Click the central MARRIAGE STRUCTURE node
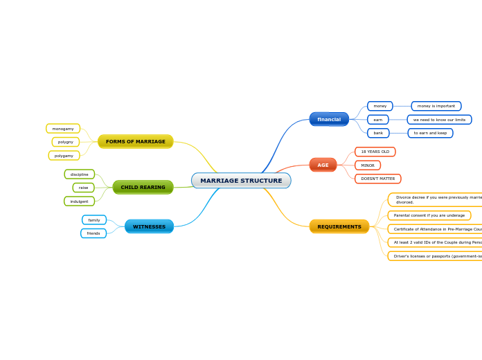point(241,181)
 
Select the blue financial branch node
point(329,119)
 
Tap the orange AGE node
point(323,165)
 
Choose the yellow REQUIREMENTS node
point(339,226)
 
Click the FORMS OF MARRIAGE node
point(136,141)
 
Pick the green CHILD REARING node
point(143,187)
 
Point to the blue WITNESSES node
point(149,226)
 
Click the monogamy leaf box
point(63,129)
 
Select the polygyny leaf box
point(66,142)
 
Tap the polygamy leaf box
point(64,156)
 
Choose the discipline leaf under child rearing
point(80,174)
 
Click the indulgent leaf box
point(79,201)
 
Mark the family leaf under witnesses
point(94,220)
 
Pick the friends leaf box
point(93,233)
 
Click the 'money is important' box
point(436,106)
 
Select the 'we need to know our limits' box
point(439,120)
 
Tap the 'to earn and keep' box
point(430,133)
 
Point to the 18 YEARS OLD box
point(375,152)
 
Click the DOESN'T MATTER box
point(378,179)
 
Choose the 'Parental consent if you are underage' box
point(429,215)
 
